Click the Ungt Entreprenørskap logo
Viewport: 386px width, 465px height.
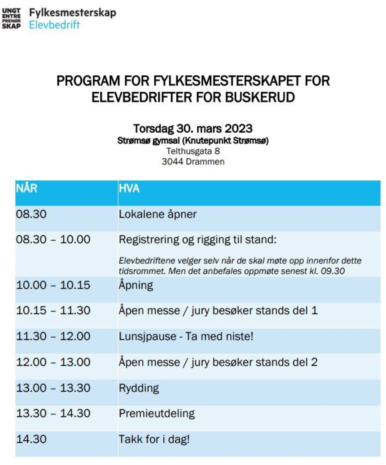tap(12, 19)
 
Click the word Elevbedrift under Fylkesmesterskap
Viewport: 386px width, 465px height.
tap(54, 25)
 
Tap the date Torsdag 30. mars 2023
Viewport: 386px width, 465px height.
tap(193, 128)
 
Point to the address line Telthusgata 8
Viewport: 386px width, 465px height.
tap(193, 151)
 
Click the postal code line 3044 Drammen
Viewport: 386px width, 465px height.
tap(193, 162)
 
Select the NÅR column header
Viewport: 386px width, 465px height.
tap(27, 188)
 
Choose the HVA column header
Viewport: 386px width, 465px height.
tap(129, 188)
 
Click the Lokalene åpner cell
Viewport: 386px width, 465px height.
tap(158, 214)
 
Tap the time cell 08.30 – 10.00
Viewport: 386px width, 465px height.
tap(53, 239)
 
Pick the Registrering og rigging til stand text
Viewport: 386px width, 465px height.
tap(198, 239)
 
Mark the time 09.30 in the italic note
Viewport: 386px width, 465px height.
tap(333, 271)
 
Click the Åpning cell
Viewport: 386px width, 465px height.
tap(136, 285)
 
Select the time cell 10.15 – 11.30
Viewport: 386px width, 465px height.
tap(53, 310)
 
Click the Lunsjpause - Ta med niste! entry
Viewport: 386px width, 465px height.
tap(186, 336)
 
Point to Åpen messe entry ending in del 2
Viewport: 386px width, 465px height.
tap(218, 362)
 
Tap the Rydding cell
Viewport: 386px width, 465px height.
tap(139, 388)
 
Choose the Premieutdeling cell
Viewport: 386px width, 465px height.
tap(157, 413)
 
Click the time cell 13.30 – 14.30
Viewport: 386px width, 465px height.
tap(53, 413)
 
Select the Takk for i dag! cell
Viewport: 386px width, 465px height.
tap(154, 439)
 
